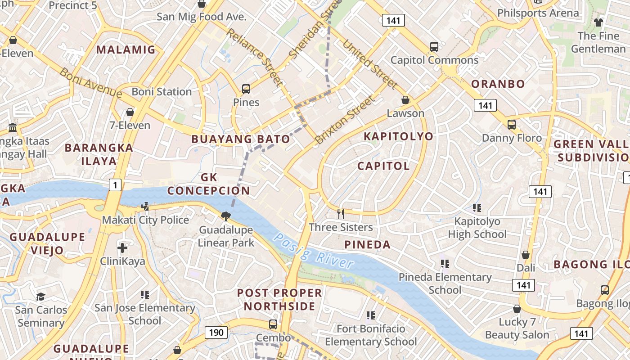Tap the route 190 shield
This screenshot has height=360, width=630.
216,333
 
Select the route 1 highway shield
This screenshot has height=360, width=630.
115,184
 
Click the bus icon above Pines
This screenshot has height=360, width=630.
246,89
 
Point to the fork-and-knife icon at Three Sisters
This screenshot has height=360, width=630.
341,213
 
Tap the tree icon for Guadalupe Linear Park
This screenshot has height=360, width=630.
226,216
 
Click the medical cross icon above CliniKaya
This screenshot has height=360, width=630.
122,248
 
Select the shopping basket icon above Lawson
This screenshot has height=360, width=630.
405,100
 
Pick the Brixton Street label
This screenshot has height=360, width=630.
344,120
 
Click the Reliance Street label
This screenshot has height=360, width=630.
255,57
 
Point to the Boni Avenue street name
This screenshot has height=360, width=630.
90,83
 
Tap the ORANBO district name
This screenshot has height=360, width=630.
498,84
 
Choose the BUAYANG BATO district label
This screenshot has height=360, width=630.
241,139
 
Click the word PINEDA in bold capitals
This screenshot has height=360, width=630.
367,245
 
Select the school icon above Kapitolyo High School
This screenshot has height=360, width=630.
477,208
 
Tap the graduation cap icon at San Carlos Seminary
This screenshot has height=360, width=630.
41,297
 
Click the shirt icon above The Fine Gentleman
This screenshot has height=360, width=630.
598,22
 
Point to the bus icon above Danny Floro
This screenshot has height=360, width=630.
512,125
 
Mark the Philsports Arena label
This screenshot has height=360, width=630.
538,13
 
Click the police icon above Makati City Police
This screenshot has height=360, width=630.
145,207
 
